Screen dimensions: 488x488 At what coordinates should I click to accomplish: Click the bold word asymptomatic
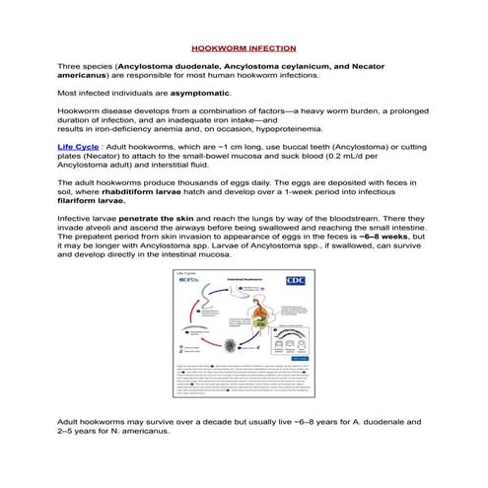200,93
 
